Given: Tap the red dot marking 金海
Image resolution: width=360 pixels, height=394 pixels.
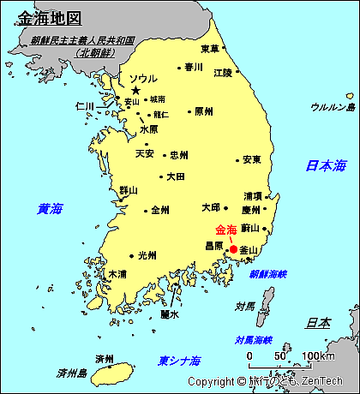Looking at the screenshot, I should click(234, 248).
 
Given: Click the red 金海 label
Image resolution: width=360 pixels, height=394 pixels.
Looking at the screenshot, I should click(227, 230).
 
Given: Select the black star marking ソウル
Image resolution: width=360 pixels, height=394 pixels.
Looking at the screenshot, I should click(135, 91).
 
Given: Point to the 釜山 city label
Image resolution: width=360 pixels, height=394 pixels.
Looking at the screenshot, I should click(249, 250).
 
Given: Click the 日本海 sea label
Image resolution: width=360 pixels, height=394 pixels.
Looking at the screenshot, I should click(326, 165).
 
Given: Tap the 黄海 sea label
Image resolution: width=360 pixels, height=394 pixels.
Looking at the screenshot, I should click(50, 208).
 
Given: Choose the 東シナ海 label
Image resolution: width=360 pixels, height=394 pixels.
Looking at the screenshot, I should click(179, 360).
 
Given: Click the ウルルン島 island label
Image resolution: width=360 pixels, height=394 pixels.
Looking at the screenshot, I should click(333, 107).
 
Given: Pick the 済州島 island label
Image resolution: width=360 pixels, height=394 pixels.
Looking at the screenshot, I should click(72, 373).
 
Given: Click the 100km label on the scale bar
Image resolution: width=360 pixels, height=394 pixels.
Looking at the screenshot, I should click(318, 355).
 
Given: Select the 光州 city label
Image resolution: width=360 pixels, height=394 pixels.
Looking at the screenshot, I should click(147, 254).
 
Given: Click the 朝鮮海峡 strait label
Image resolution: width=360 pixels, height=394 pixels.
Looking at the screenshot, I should click(268, 275).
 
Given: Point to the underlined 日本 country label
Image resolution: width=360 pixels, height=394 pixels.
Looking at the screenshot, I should click(319, 323).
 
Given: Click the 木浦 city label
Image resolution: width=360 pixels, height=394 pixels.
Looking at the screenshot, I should click(117, 274).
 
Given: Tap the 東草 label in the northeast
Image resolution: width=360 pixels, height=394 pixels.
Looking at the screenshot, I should click(209, 49).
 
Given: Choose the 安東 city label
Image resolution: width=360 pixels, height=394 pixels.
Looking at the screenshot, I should click(252, 159).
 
